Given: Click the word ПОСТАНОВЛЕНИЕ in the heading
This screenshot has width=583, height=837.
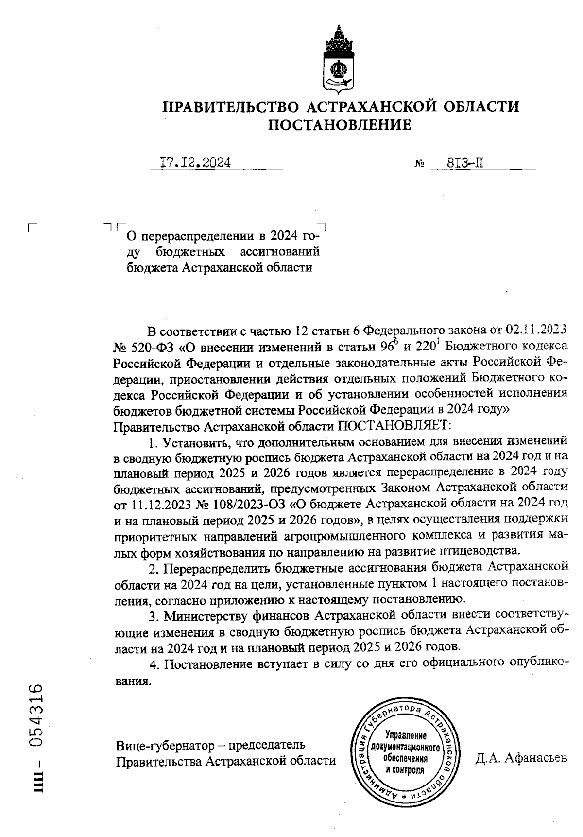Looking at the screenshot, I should point(340,125).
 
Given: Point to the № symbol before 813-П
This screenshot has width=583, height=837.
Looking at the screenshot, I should point(420,164).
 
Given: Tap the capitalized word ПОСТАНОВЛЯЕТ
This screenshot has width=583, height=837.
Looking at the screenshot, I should point(394,426).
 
